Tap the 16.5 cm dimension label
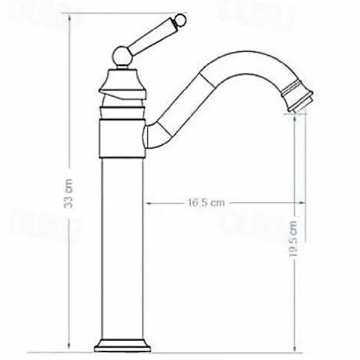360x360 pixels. click(207, 203)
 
